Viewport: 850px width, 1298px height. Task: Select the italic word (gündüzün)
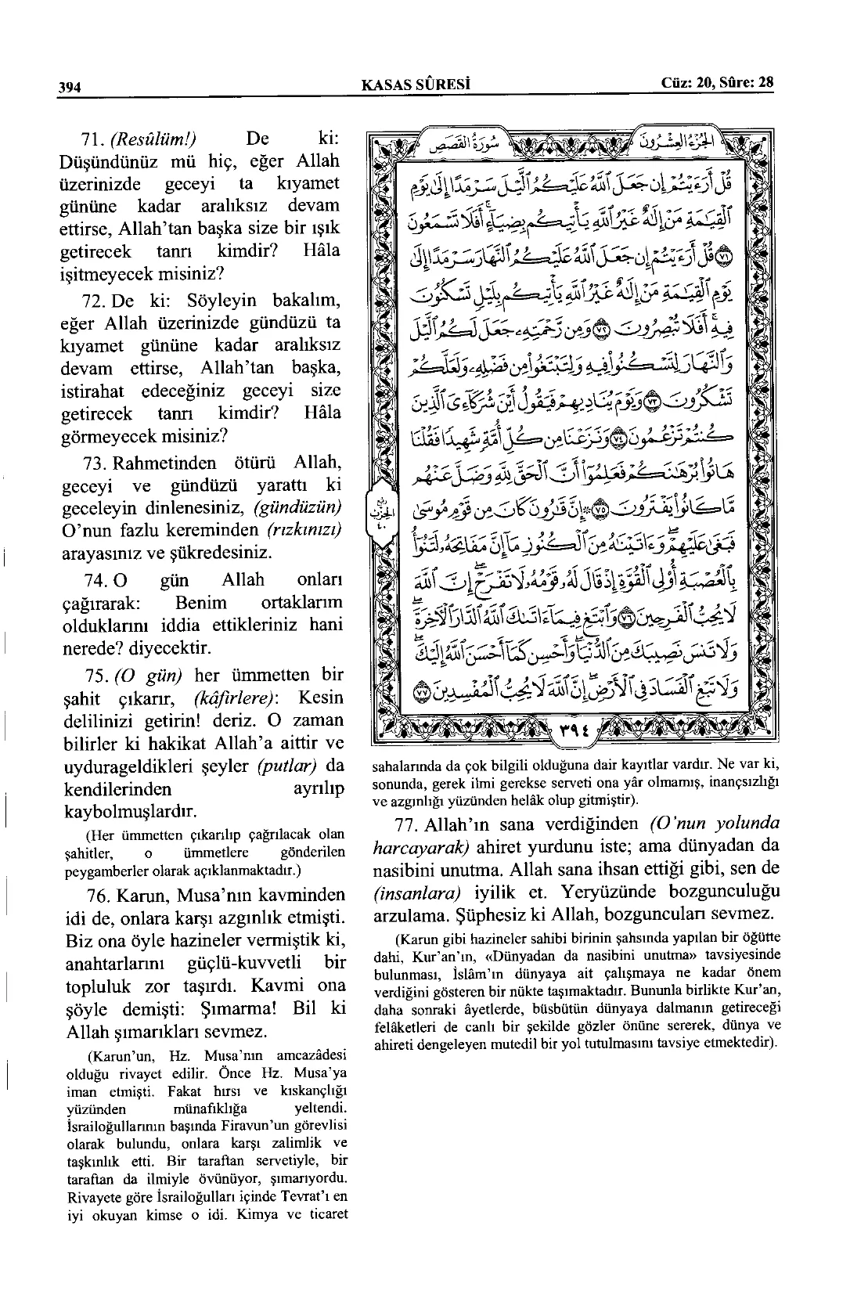click(307, 508)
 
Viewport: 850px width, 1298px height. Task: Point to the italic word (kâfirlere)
click(232, 698)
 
